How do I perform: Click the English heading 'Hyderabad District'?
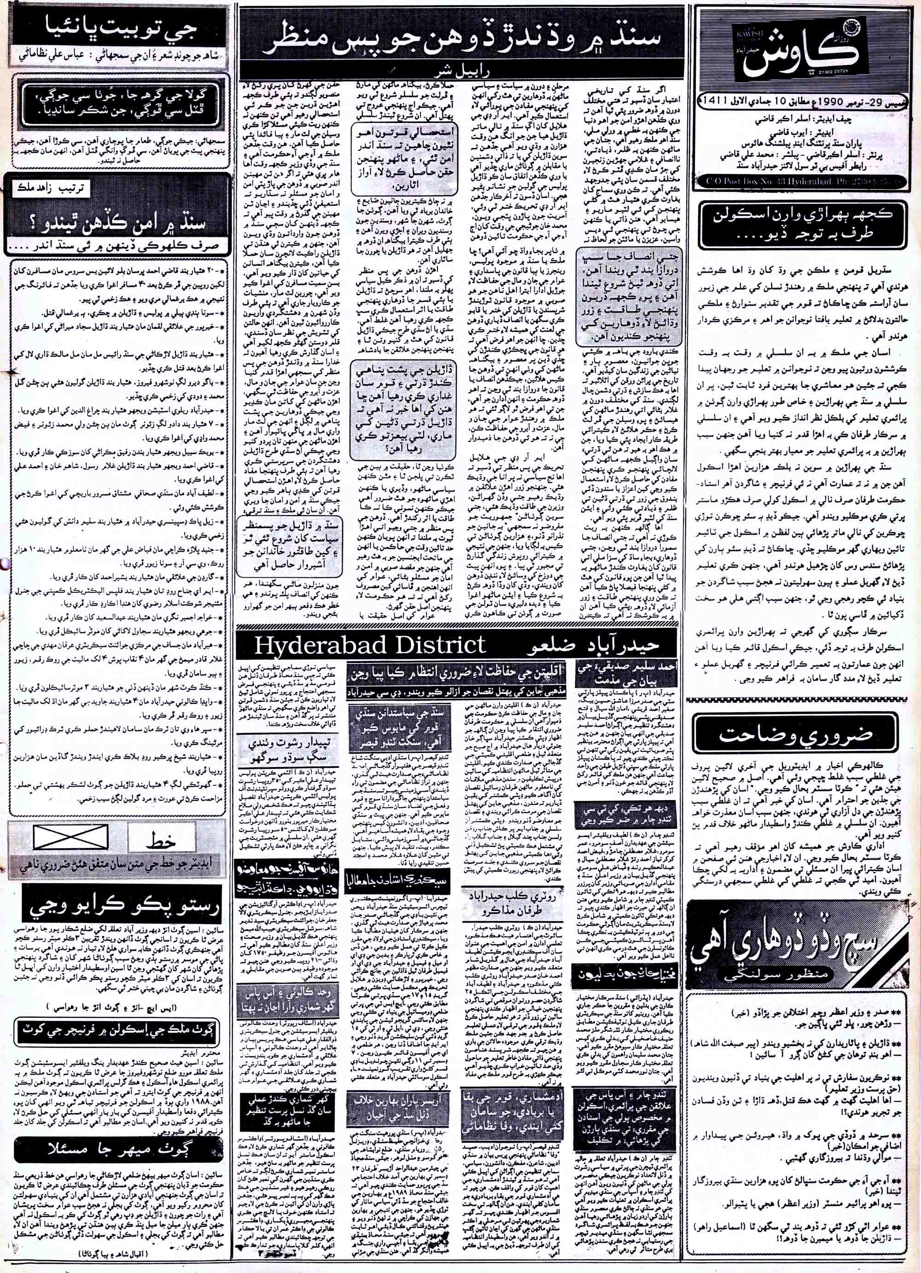click(370, 645)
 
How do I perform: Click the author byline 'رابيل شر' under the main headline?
click(460, 73)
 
